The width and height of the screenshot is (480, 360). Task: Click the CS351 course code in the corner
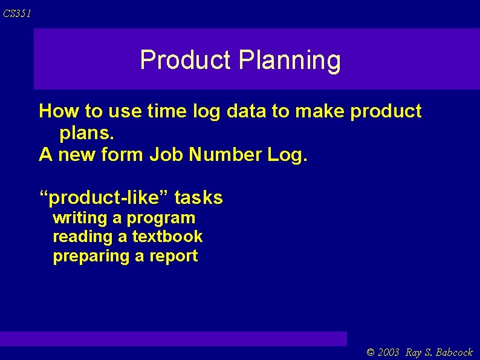point(17,13)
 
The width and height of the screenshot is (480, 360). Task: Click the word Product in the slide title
point(185,60)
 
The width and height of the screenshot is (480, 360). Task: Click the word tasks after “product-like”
point(199,198)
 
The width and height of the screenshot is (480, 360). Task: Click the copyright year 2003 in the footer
point(389,353)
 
